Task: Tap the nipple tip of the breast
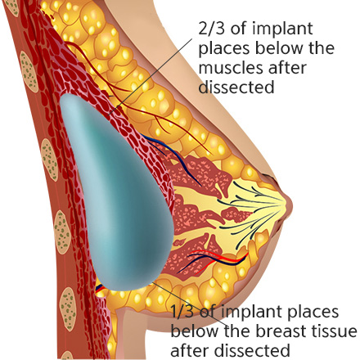[x=292, y=204]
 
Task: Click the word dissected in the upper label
[x=236, y=88]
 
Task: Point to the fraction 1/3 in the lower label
[x=182, y=312]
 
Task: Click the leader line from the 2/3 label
[x=151, y=77]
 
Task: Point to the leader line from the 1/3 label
[x=191, y=305]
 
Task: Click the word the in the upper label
[x=322, y=48]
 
